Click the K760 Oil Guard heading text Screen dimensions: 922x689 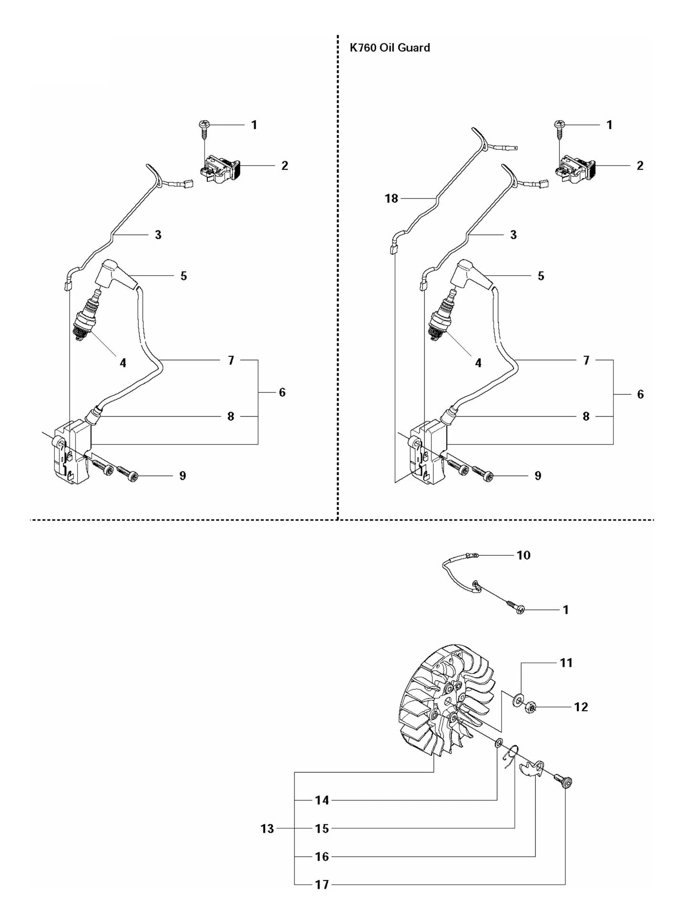coord(390,47)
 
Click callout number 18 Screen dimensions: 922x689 coord(391,198)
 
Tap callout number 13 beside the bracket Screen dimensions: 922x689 coord(267,829)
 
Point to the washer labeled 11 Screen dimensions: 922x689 coord(517,702)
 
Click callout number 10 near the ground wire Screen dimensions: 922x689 coord(523,555)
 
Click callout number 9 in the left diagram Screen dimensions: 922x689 coord(182,476)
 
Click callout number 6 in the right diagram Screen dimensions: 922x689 coord(640,394)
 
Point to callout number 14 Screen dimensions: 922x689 coord(322,800)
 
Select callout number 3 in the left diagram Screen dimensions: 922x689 coord(157,235)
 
